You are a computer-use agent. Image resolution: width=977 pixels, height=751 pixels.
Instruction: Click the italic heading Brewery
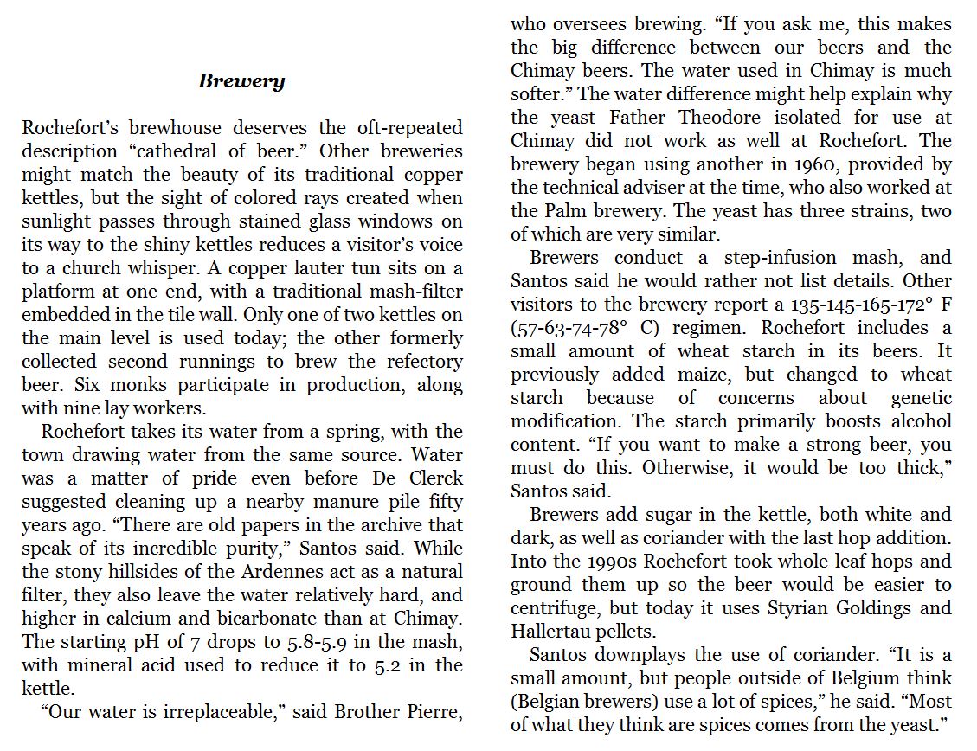(x=241, y=81)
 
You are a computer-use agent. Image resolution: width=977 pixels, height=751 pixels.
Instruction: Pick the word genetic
(x=921, y=398)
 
